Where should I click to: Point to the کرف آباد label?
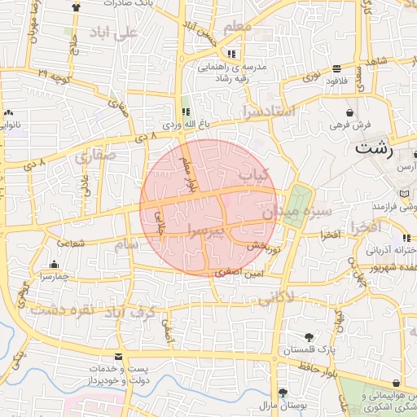coord(130,312)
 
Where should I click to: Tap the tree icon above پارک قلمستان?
coord(309,337)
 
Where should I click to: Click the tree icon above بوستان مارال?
coord(282,392)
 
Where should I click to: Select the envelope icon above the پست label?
coord(119,358)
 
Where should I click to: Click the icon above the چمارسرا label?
coord(55,264)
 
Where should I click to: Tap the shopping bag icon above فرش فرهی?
coord(349,112)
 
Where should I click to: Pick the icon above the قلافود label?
coord(337,69)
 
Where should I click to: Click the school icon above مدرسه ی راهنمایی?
coord(231,54)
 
